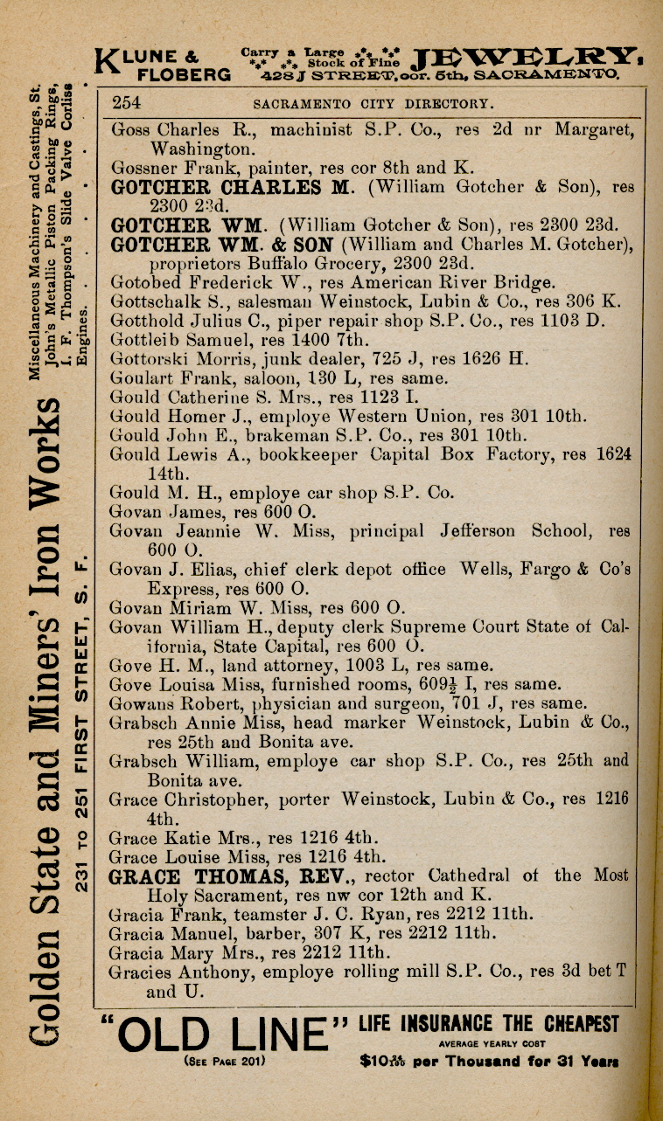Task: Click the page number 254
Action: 127,103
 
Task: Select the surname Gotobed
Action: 142,282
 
